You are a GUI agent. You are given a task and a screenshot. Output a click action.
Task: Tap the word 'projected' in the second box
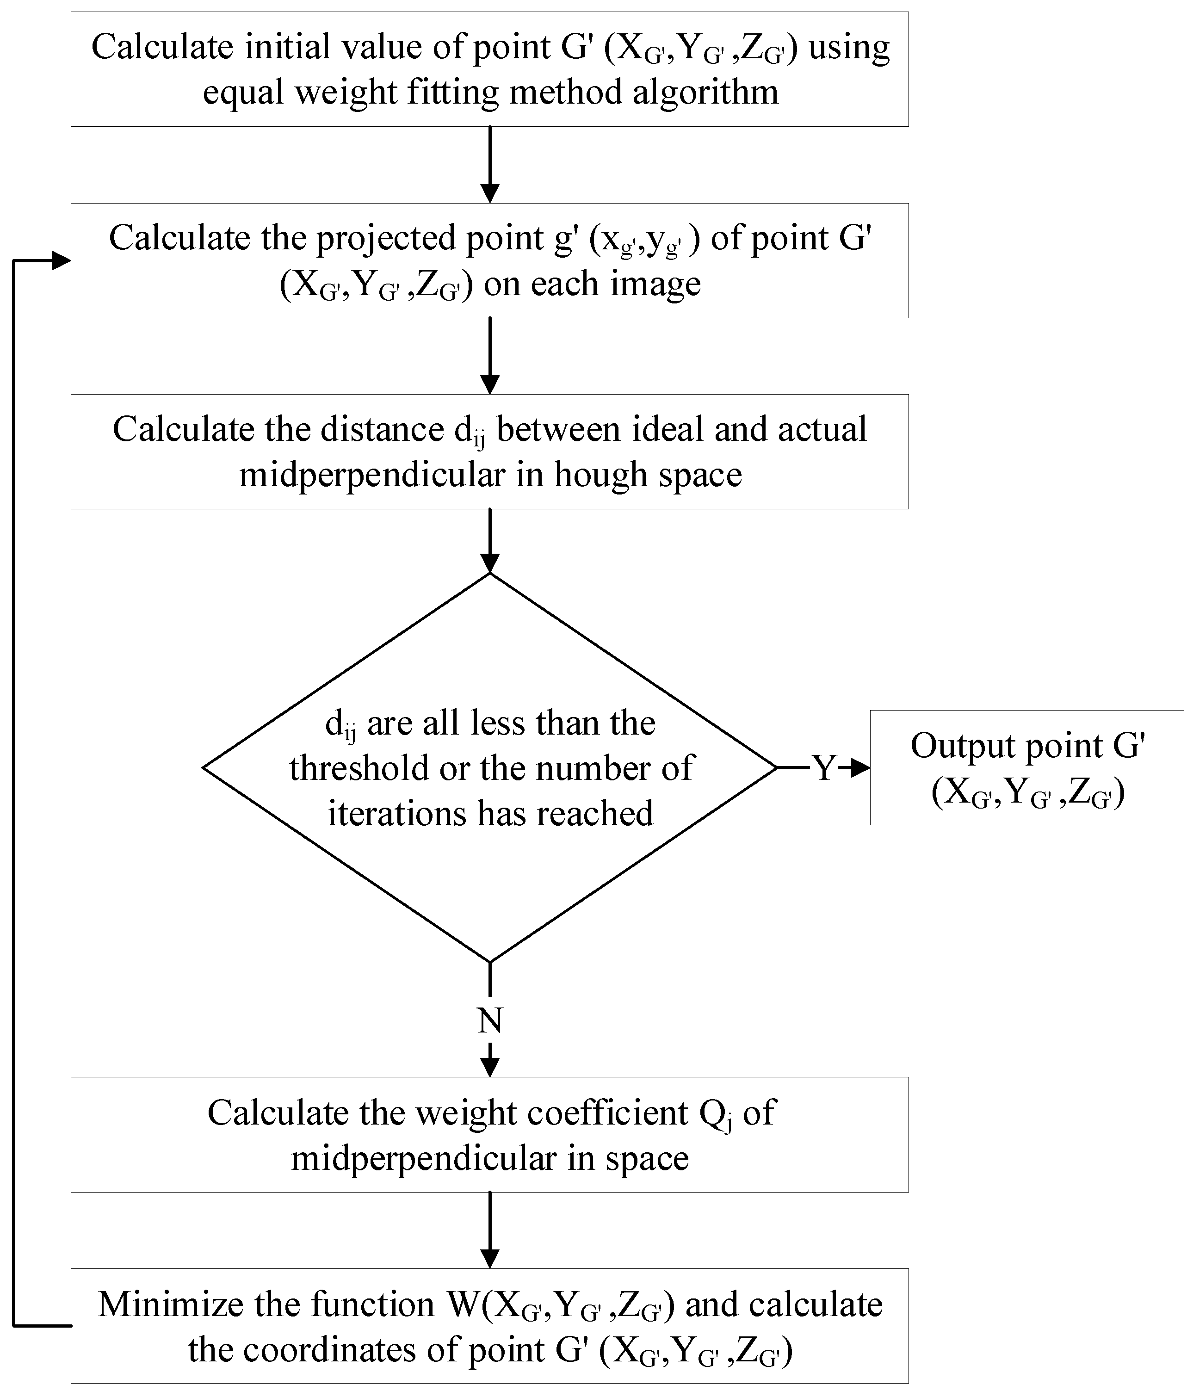pyautogui.click(x=386, y=239)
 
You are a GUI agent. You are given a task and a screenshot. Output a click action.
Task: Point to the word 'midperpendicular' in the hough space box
pyautogui.click(x=371, y=475)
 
